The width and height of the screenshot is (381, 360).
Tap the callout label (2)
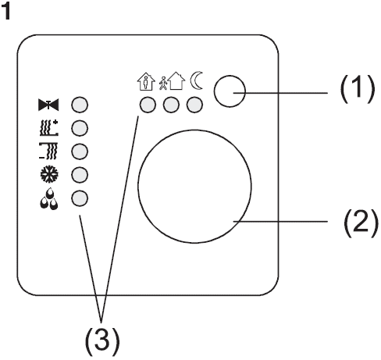tap(361, 223)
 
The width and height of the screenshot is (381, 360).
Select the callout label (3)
tap(102, 341)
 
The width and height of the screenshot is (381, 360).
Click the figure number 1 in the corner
tap(5, 11)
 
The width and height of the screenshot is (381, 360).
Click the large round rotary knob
tap(194, 187)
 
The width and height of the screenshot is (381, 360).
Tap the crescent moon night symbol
tap(197, 80)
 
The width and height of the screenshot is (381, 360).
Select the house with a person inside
tap(146, 81)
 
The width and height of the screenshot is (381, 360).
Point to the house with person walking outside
tap(173, 81)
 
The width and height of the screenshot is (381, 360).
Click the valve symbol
tap(48, 105)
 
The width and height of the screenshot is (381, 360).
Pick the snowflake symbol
tap(49, 174)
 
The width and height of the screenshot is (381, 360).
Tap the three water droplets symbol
tap(49, 199)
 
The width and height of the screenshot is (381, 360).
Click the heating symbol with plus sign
tap(49, 128)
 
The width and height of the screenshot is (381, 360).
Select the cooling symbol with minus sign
tap(48, 151)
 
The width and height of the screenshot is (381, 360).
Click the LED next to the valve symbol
tap(80, 105)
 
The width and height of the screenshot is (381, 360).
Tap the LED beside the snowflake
tap(80, 174)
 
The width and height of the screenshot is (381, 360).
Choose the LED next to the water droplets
tap(80, 198)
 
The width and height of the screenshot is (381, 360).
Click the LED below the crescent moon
tap(194, 105)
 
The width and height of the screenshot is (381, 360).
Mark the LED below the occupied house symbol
tap(148, 105)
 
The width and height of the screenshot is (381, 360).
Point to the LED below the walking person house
tap(171, 105)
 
